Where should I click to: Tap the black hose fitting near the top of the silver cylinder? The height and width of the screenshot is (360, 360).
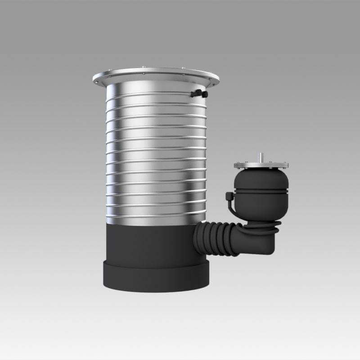point(198,94)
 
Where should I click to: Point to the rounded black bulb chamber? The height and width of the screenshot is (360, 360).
point(261,180)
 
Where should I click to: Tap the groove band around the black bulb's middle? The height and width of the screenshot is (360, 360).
point(261,191)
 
